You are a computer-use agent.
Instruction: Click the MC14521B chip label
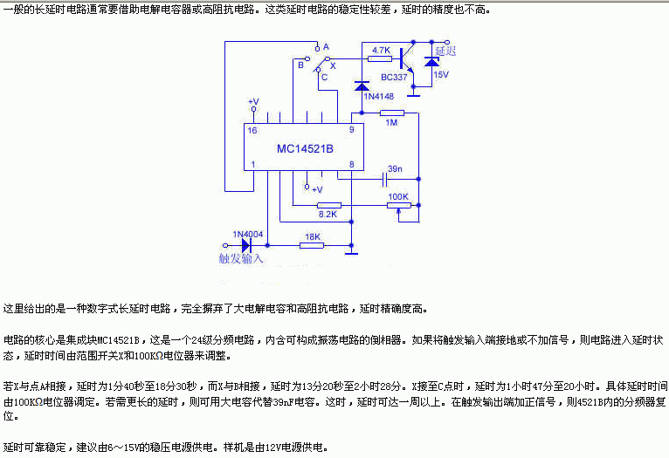(x=305, y=148)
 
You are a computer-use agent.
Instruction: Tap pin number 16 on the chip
(x=252, y=130)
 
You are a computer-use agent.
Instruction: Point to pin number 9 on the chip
(x=350, y=130)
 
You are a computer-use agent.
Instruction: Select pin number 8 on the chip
(x=350, y=165)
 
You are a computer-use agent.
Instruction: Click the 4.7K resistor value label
(x=381, y=51)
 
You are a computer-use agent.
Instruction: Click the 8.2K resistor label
(x=328, y=214)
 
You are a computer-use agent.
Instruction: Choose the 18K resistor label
(x=312, y=236)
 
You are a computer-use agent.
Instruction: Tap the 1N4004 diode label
(x=248, y=233)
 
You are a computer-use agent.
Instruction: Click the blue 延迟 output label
(x=446, y=51)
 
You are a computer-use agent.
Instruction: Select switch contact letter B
(x=300, y=64)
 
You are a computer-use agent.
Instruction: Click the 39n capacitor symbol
(x=384, y=181)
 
